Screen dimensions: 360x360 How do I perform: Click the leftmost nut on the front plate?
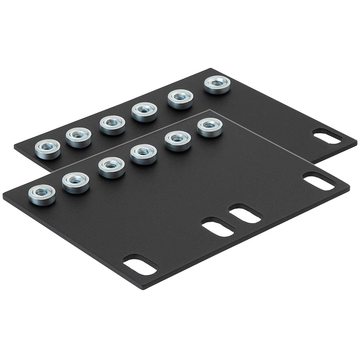(x=42, y=194)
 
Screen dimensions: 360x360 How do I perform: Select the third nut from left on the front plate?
(x=111, y=167)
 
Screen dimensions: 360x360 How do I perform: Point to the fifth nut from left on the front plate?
(x=178, y=140)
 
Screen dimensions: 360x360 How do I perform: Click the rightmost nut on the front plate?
(x=210, y=127)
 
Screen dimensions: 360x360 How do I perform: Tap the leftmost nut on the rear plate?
(x=48, y=149)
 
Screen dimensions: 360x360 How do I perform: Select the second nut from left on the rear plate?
(x=79, y=137)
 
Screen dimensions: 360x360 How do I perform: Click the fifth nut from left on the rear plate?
(x=180, y=99)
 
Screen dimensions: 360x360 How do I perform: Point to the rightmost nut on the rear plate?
(x=217, y=85)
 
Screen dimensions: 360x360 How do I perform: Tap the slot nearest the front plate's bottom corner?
(x=140, y=264)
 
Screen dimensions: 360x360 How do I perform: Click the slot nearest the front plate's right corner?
(x=319, y=182)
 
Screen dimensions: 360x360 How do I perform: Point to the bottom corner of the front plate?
(x=143, y=289)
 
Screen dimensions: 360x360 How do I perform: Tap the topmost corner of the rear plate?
(x=210, y=69)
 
